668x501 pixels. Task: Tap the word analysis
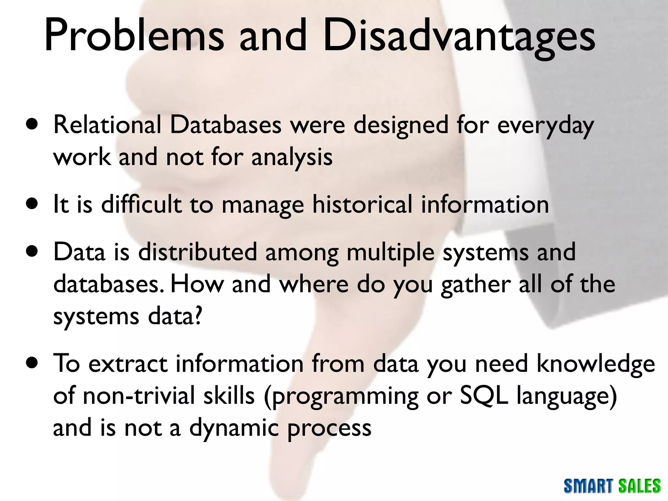[292, 157]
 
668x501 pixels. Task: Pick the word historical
[362, 205]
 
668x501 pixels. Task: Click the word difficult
[141, 205]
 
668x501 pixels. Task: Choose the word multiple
[390, 253]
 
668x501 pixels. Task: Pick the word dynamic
[234, 428]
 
